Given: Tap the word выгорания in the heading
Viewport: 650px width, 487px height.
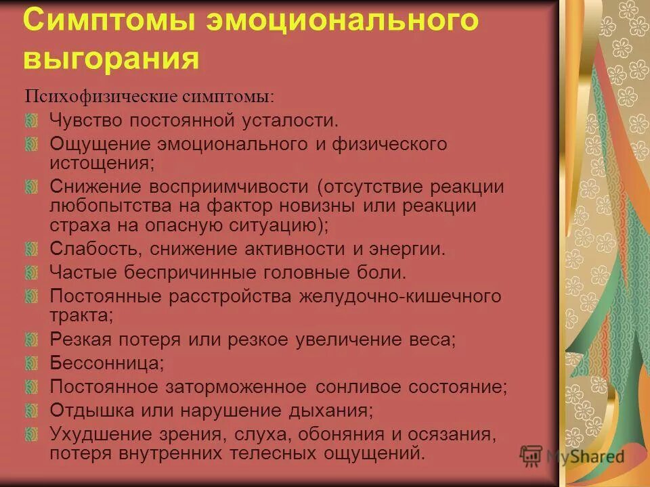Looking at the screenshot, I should (x=112, y=59).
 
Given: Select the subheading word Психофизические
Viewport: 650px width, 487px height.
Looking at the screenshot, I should (x=102, y=96).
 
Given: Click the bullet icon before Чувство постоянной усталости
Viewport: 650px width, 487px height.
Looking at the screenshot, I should (x=32, y=121).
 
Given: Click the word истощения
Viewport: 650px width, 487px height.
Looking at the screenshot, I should (x=102, y=163).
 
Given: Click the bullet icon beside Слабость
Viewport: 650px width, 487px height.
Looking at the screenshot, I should (x=32, y=250).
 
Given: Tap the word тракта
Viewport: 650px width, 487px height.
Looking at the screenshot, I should (x=81, y=315).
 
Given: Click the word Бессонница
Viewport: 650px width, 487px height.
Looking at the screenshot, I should (x=106, y=363).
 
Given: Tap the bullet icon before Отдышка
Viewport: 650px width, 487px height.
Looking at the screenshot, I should (x=32, y=411).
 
